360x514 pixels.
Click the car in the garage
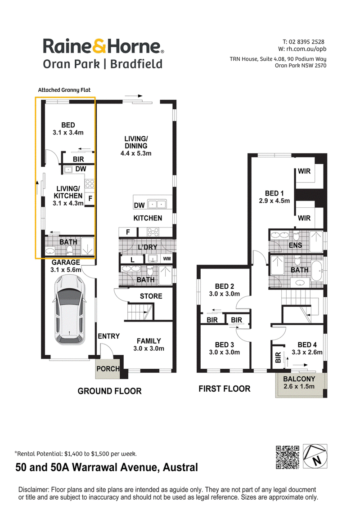(70, 310)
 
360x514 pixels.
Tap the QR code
(288, 457)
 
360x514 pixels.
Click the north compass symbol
(315, 456)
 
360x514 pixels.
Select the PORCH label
(108, 369)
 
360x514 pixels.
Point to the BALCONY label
(299, 379)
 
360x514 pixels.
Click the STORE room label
(151, 296)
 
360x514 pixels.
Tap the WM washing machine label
(166, 259)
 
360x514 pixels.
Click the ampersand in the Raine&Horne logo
(99, 46)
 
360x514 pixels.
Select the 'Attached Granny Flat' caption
(64, 90)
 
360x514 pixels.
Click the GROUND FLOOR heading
(110, 391)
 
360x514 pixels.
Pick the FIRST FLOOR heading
(225, 389)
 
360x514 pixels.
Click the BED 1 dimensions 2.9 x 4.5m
(274, 201)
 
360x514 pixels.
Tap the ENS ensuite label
(295, 245)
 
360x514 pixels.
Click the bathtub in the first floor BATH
(317, 271)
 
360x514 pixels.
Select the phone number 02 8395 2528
(306, 42)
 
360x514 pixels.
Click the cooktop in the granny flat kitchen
(90, 183)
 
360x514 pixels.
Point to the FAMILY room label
(148, 341)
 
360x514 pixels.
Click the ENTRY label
(108, 336)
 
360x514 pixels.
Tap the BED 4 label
(307, 344)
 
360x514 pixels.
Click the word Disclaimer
(33, 489)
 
